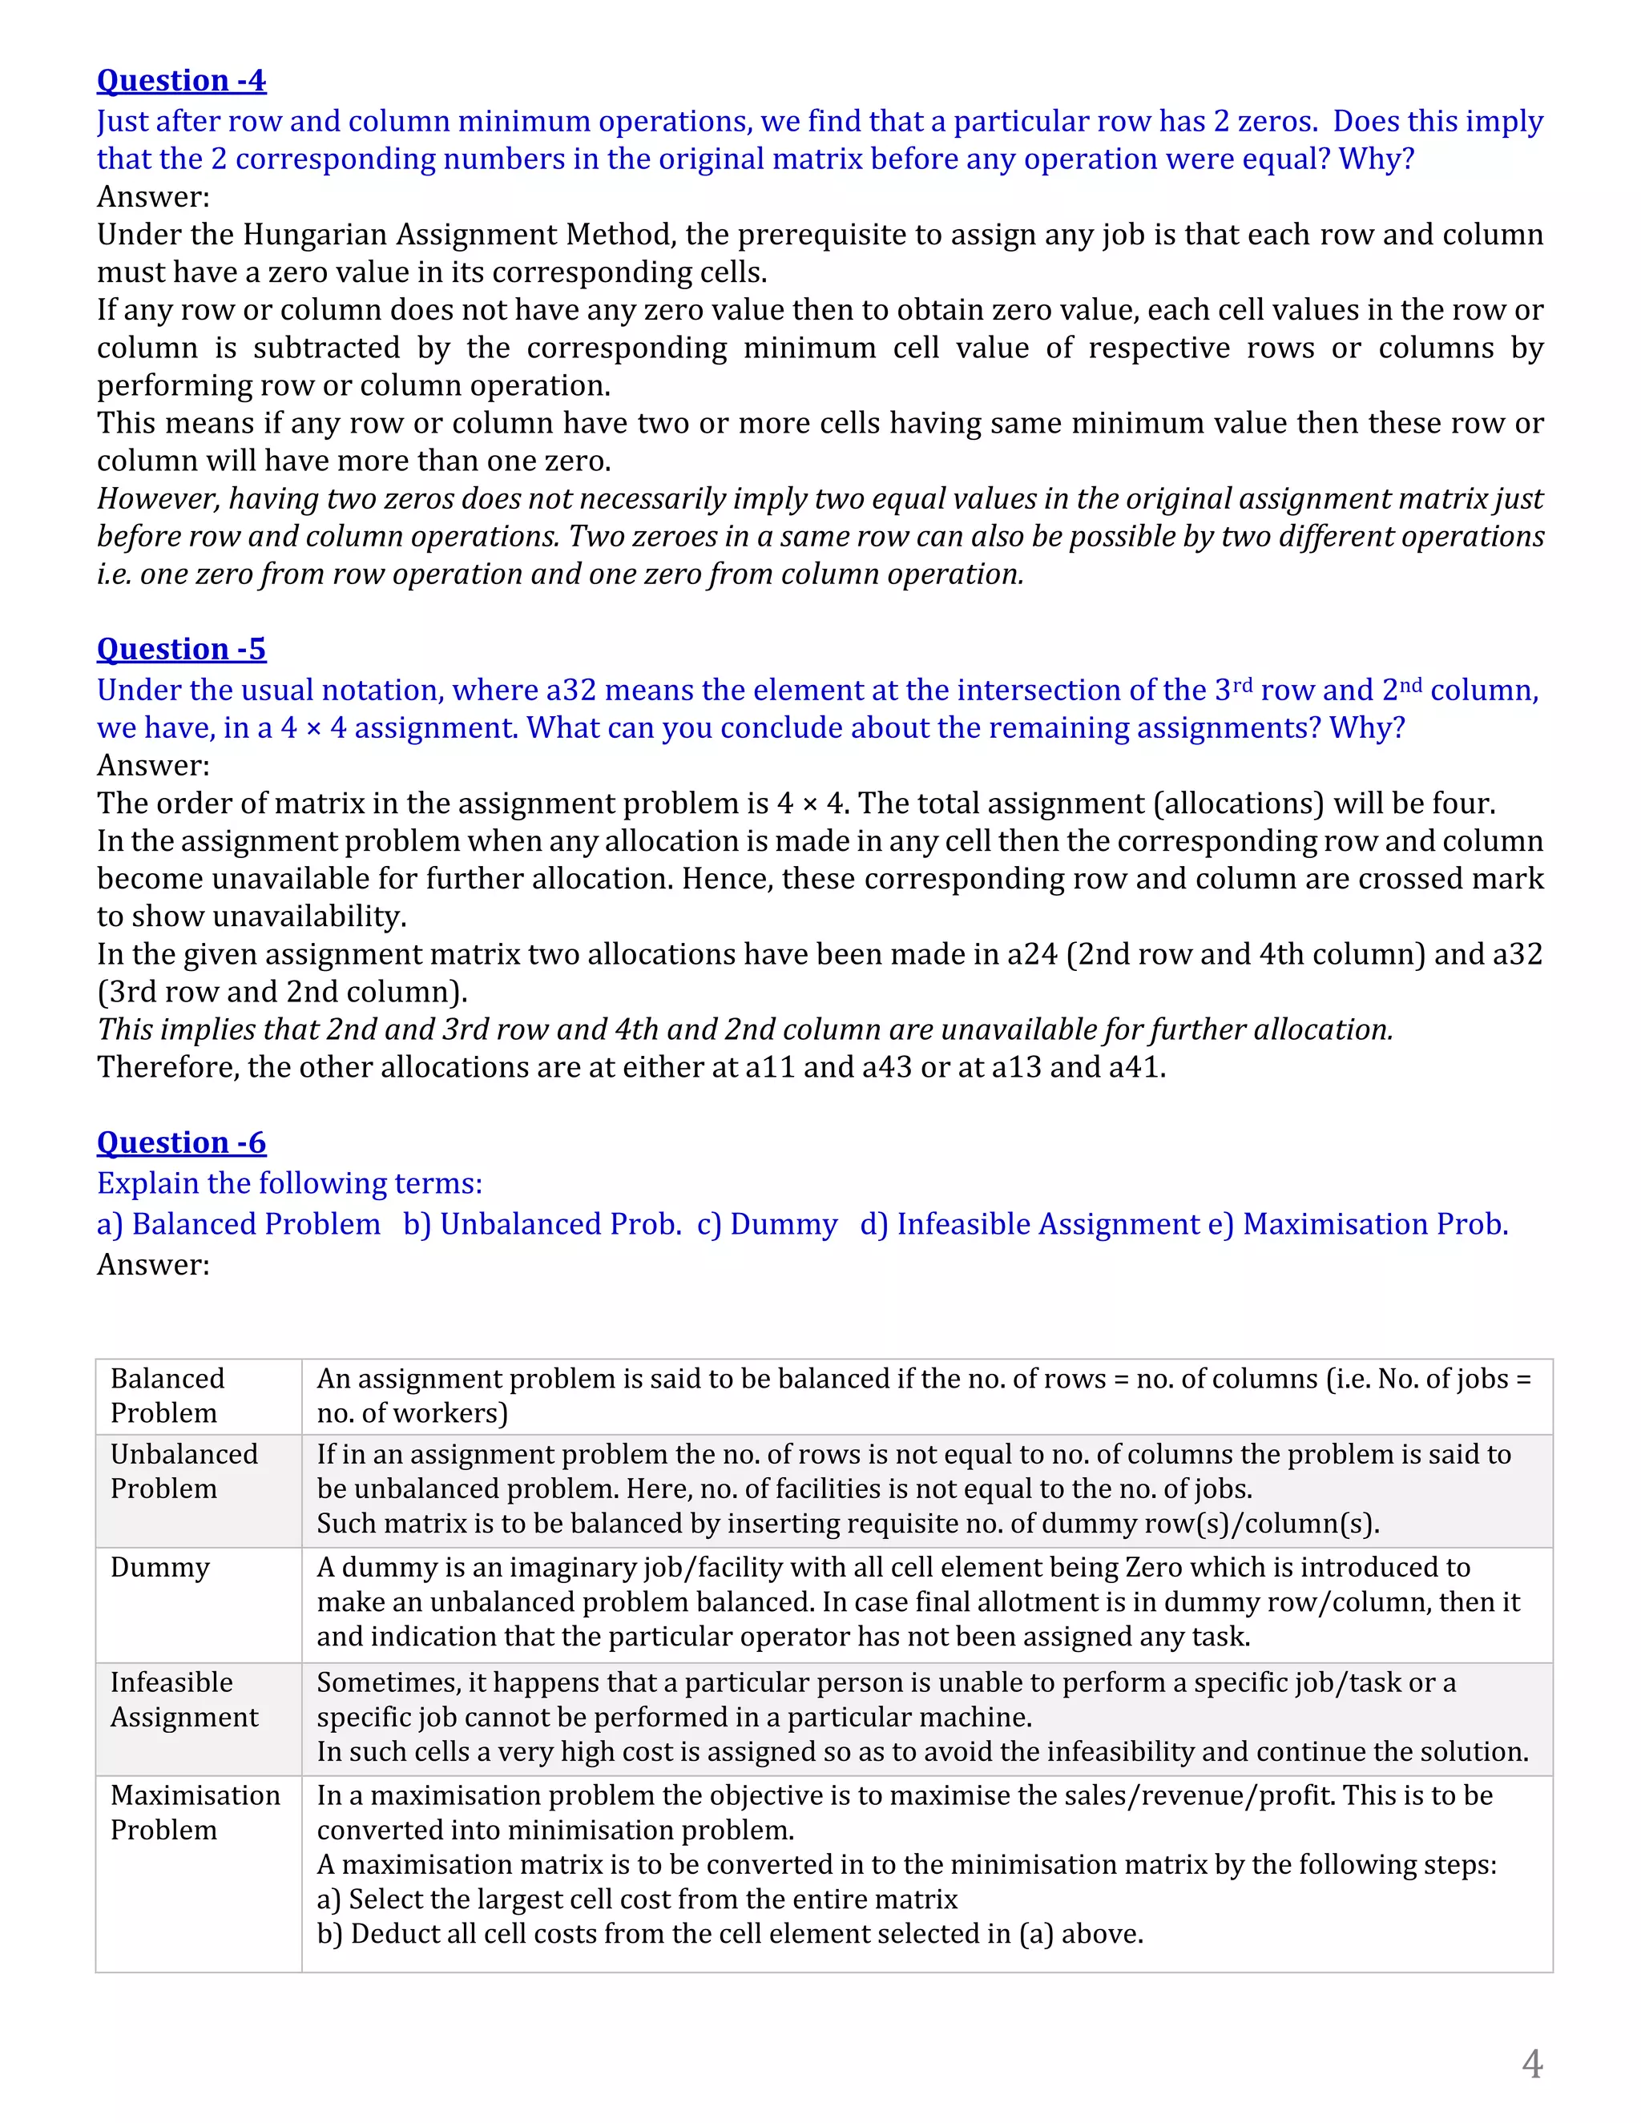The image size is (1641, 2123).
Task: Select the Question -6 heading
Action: coord(181,1142)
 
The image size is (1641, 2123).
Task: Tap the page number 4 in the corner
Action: coord(1531,2063)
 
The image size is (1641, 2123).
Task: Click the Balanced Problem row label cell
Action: coord(167,1395)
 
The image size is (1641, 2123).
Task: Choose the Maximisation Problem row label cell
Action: coord(195,1812)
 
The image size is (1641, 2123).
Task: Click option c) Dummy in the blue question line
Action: coord(767,1224)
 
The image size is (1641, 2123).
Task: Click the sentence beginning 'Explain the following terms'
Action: coord(290,1183)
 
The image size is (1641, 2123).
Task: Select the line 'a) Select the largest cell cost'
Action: coord(637,1899)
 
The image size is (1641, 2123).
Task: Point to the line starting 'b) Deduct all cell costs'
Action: coord(729,1933)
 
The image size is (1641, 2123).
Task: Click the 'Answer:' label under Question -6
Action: coord(152,1265)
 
